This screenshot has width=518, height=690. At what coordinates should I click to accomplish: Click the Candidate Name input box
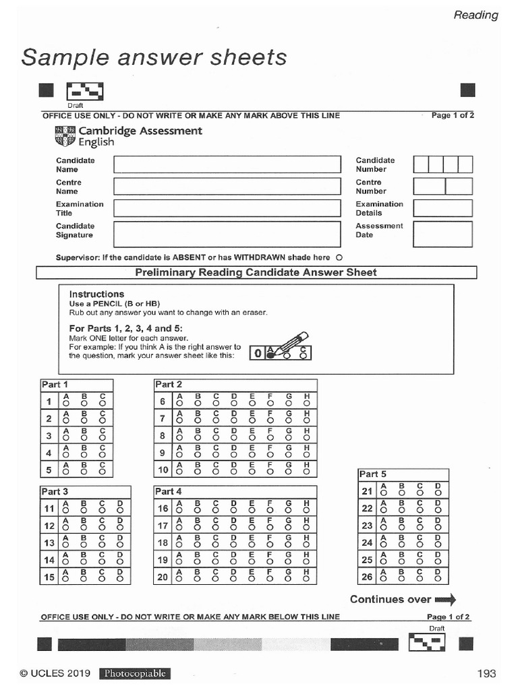227,164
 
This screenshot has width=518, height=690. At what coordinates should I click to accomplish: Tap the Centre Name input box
227,187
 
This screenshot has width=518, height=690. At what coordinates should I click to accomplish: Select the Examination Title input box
227,208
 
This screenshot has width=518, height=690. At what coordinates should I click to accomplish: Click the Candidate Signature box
227,234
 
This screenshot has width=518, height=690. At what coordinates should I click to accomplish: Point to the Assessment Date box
442,234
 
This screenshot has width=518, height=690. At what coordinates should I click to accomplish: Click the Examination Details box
442,208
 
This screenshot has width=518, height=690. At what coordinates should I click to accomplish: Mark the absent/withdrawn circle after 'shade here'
339,257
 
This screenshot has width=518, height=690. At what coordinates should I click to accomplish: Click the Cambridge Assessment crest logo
65,136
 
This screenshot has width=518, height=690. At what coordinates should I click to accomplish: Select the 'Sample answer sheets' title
154,58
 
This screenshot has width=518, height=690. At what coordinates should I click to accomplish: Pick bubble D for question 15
120,579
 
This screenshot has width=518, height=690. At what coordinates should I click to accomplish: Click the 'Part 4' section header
169,491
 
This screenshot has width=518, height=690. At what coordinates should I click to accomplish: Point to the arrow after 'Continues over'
446,599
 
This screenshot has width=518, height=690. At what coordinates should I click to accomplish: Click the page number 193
486,673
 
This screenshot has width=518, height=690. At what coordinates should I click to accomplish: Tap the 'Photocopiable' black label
135,673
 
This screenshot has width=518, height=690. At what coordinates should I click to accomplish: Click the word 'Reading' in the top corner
476,15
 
